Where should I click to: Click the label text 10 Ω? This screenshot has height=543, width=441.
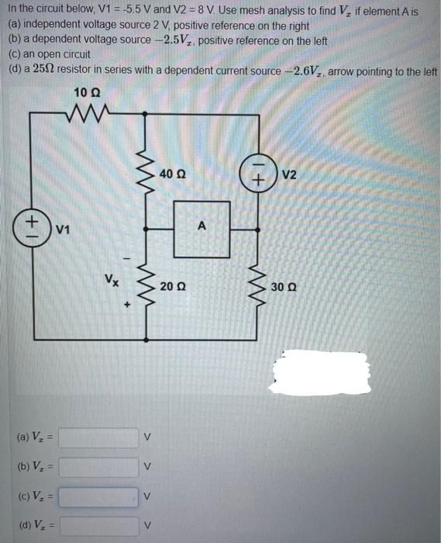[x=86, y=93]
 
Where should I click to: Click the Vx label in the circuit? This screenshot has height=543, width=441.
[x=113, y=278]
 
